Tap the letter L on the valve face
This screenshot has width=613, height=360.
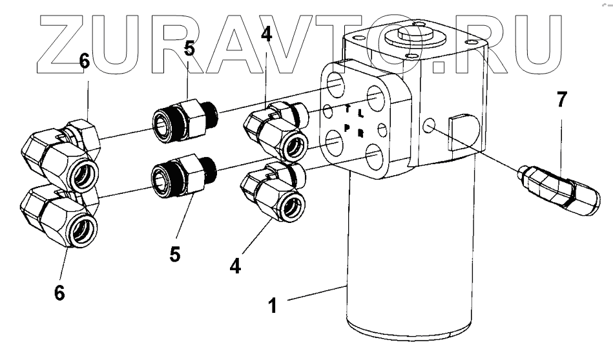[x=361, y=114]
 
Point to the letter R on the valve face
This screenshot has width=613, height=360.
[x=361, y=133]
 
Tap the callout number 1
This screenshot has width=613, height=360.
[x=273, y=304]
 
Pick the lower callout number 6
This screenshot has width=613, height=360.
[x=59, y=292]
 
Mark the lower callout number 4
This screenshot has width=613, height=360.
[x=236, y=265]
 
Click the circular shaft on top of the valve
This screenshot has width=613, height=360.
[x=406, y=34]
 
